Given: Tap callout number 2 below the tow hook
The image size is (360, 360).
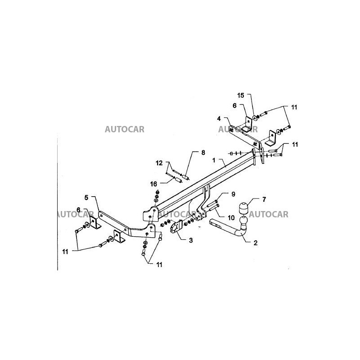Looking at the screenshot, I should [x=255, y=243].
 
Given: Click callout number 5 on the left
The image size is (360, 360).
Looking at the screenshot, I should [x=87, y=197].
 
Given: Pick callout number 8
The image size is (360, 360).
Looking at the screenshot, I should [x=202, y=153].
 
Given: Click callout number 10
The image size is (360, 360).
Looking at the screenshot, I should [x=231, y=217].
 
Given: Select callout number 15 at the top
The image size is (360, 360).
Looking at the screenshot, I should [x=240, y=95].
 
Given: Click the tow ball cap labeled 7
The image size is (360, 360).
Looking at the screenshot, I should [x=244, y=208].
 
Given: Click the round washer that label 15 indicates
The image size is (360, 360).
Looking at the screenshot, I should [x=255, y=117].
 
